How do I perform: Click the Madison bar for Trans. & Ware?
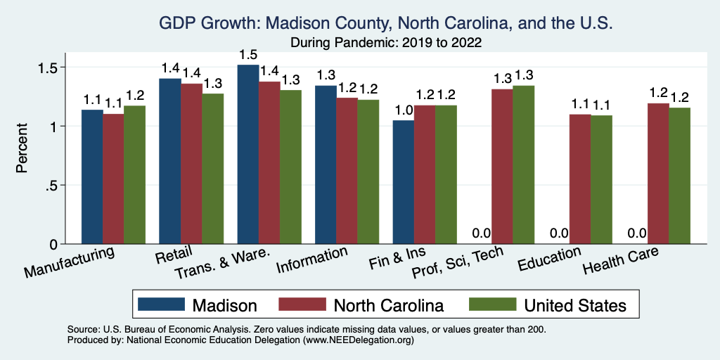pos(248,155)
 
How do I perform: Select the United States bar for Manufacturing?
pos(134,175)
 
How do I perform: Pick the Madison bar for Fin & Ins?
pos(404,182)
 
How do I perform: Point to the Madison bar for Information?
pos(326,165)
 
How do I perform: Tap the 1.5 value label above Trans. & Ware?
pos(248,55)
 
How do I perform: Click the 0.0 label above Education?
pos(559,233)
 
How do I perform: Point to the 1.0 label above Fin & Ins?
pos(403,110)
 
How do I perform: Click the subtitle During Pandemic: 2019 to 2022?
pos(386,42)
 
